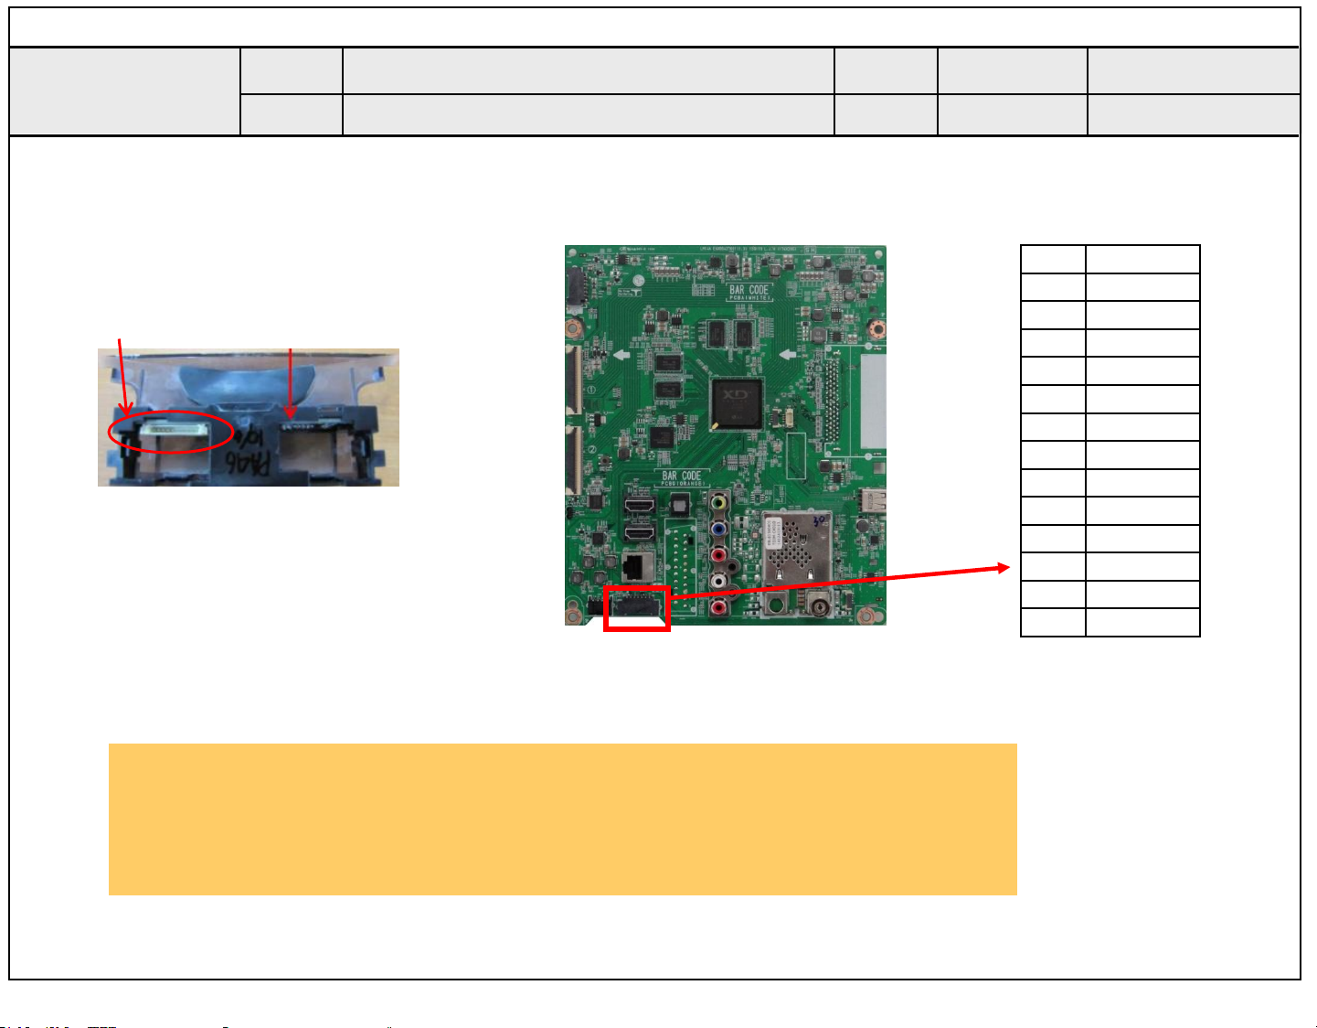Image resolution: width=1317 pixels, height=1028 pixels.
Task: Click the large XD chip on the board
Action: [736, 402]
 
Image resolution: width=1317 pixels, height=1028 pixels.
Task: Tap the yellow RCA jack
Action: [719, 501]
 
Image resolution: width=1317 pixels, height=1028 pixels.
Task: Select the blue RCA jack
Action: [719, 528]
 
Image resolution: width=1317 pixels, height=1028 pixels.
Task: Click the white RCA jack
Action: [719, 580]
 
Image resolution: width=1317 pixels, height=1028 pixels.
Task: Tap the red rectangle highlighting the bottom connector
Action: [637, 608]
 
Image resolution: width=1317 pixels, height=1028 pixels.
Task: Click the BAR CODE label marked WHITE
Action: [750, 292]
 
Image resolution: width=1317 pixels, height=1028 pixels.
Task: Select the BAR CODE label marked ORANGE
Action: [683, 477]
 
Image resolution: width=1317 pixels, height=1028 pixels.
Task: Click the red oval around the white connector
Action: [170, 432]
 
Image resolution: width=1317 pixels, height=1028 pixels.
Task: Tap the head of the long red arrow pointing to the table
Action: [1004, 568]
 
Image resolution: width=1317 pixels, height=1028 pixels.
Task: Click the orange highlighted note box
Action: [562, 819]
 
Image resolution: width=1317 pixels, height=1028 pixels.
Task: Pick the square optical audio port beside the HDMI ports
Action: [678, 504]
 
